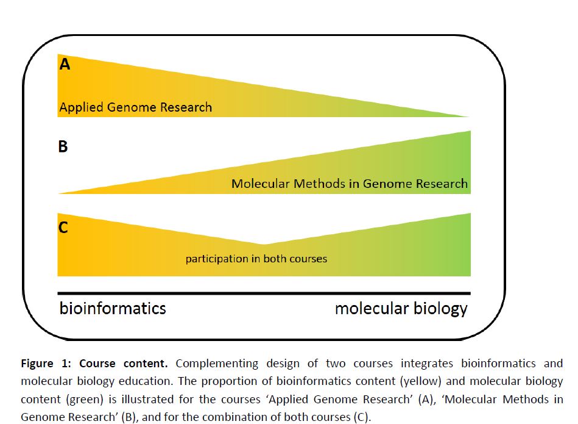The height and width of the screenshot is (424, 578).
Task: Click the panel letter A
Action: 65,64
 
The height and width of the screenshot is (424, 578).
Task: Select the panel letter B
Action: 63,147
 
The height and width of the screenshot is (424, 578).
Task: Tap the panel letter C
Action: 63,228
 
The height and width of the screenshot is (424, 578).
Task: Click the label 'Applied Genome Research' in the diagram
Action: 135,108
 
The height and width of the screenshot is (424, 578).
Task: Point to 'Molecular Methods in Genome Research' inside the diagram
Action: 349,184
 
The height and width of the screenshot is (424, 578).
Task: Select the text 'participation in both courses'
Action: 256,259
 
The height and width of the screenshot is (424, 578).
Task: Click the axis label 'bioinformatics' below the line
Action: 113,308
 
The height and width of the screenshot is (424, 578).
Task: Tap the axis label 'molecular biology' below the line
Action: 401,308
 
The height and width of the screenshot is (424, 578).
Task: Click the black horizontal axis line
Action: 264,293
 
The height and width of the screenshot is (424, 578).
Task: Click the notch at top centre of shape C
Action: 262,244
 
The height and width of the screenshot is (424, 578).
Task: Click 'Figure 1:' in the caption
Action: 46,364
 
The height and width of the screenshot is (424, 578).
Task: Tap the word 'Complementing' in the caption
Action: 216,364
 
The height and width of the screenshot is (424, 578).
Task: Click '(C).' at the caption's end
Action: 361,419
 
